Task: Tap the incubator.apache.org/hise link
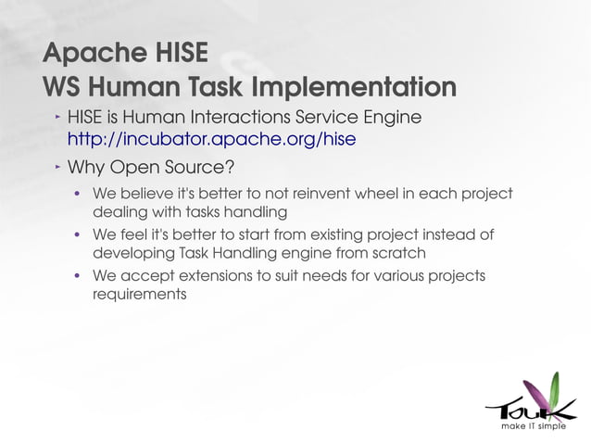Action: (x=211, y=140)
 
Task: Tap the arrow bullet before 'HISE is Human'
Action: (x=55, y=117)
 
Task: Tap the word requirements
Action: (x=140, y=294)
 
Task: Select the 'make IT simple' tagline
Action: (x=533, y=428)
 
